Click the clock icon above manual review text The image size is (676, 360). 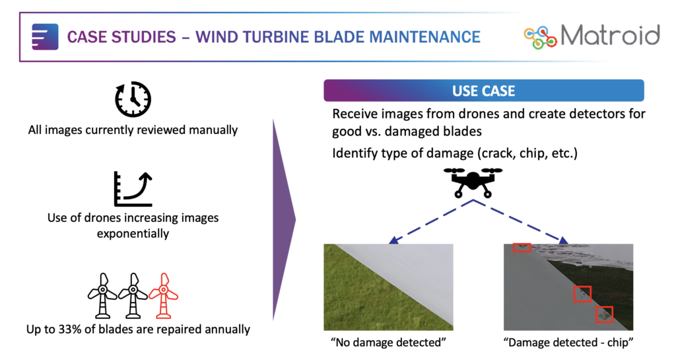[x=133, y=98]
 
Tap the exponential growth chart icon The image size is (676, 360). [x=133, y=189]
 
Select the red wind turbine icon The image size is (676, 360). [x=164, y=296]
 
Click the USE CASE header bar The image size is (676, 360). [x=484, y=90]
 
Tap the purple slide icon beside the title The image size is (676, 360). [x=45, y=36]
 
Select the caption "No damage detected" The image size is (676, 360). [x=388, y=342]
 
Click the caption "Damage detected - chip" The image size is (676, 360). [x=568, y=342]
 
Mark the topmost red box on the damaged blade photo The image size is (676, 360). [x=522, y=248]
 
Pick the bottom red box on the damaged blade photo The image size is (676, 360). [x=604, y=314]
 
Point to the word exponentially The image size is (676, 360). [x=133, y=234]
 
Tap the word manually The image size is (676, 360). [x=213, y=130]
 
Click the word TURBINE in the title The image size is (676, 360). [x=274, y=37]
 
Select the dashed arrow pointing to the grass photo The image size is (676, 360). [x=430, y=222]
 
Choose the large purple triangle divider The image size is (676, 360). [x=284, y=220]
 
